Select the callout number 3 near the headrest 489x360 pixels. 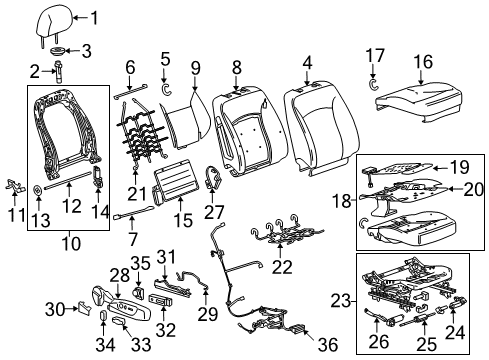(85, 51)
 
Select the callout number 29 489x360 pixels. (209, 315)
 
